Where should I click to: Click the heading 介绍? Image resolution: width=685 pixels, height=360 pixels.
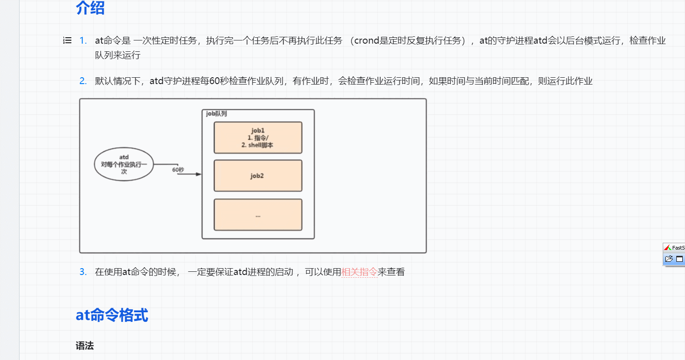coord(90,8)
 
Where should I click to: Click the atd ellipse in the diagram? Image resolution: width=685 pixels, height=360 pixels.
coord(124,164)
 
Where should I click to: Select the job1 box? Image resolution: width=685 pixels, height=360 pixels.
coord(258,138)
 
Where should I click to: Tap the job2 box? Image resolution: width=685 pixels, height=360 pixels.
coord(258,176)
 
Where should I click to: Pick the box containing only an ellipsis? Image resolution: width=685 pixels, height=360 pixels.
coord(258,215)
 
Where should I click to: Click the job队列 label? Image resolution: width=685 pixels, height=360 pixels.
coord(216,114)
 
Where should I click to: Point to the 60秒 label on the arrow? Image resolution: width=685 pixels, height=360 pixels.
coord(178,169)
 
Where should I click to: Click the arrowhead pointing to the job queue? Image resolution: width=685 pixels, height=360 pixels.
coord(198,174)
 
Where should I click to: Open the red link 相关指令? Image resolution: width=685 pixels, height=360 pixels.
coord(359,272)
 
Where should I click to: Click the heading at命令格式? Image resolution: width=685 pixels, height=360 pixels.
coord(112,315)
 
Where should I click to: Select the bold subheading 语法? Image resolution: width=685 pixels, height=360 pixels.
coord(85,346)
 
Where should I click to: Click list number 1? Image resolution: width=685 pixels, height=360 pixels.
coord(83,40)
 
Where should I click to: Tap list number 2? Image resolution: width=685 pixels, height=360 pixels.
coord(83,81)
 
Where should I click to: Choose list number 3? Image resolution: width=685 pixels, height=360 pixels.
coord(83,272)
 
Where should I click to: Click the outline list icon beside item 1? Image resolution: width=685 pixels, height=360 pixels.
coord(67,40)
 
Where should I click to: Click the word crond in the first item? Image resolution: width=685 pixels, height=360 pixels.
coord(366,40)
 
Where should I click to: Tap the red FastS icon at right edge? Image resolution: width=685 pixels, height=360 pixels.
coord(667,248)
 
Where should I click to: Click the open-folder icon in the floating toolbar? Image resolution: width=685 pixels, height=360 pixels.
coord(669,259)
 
